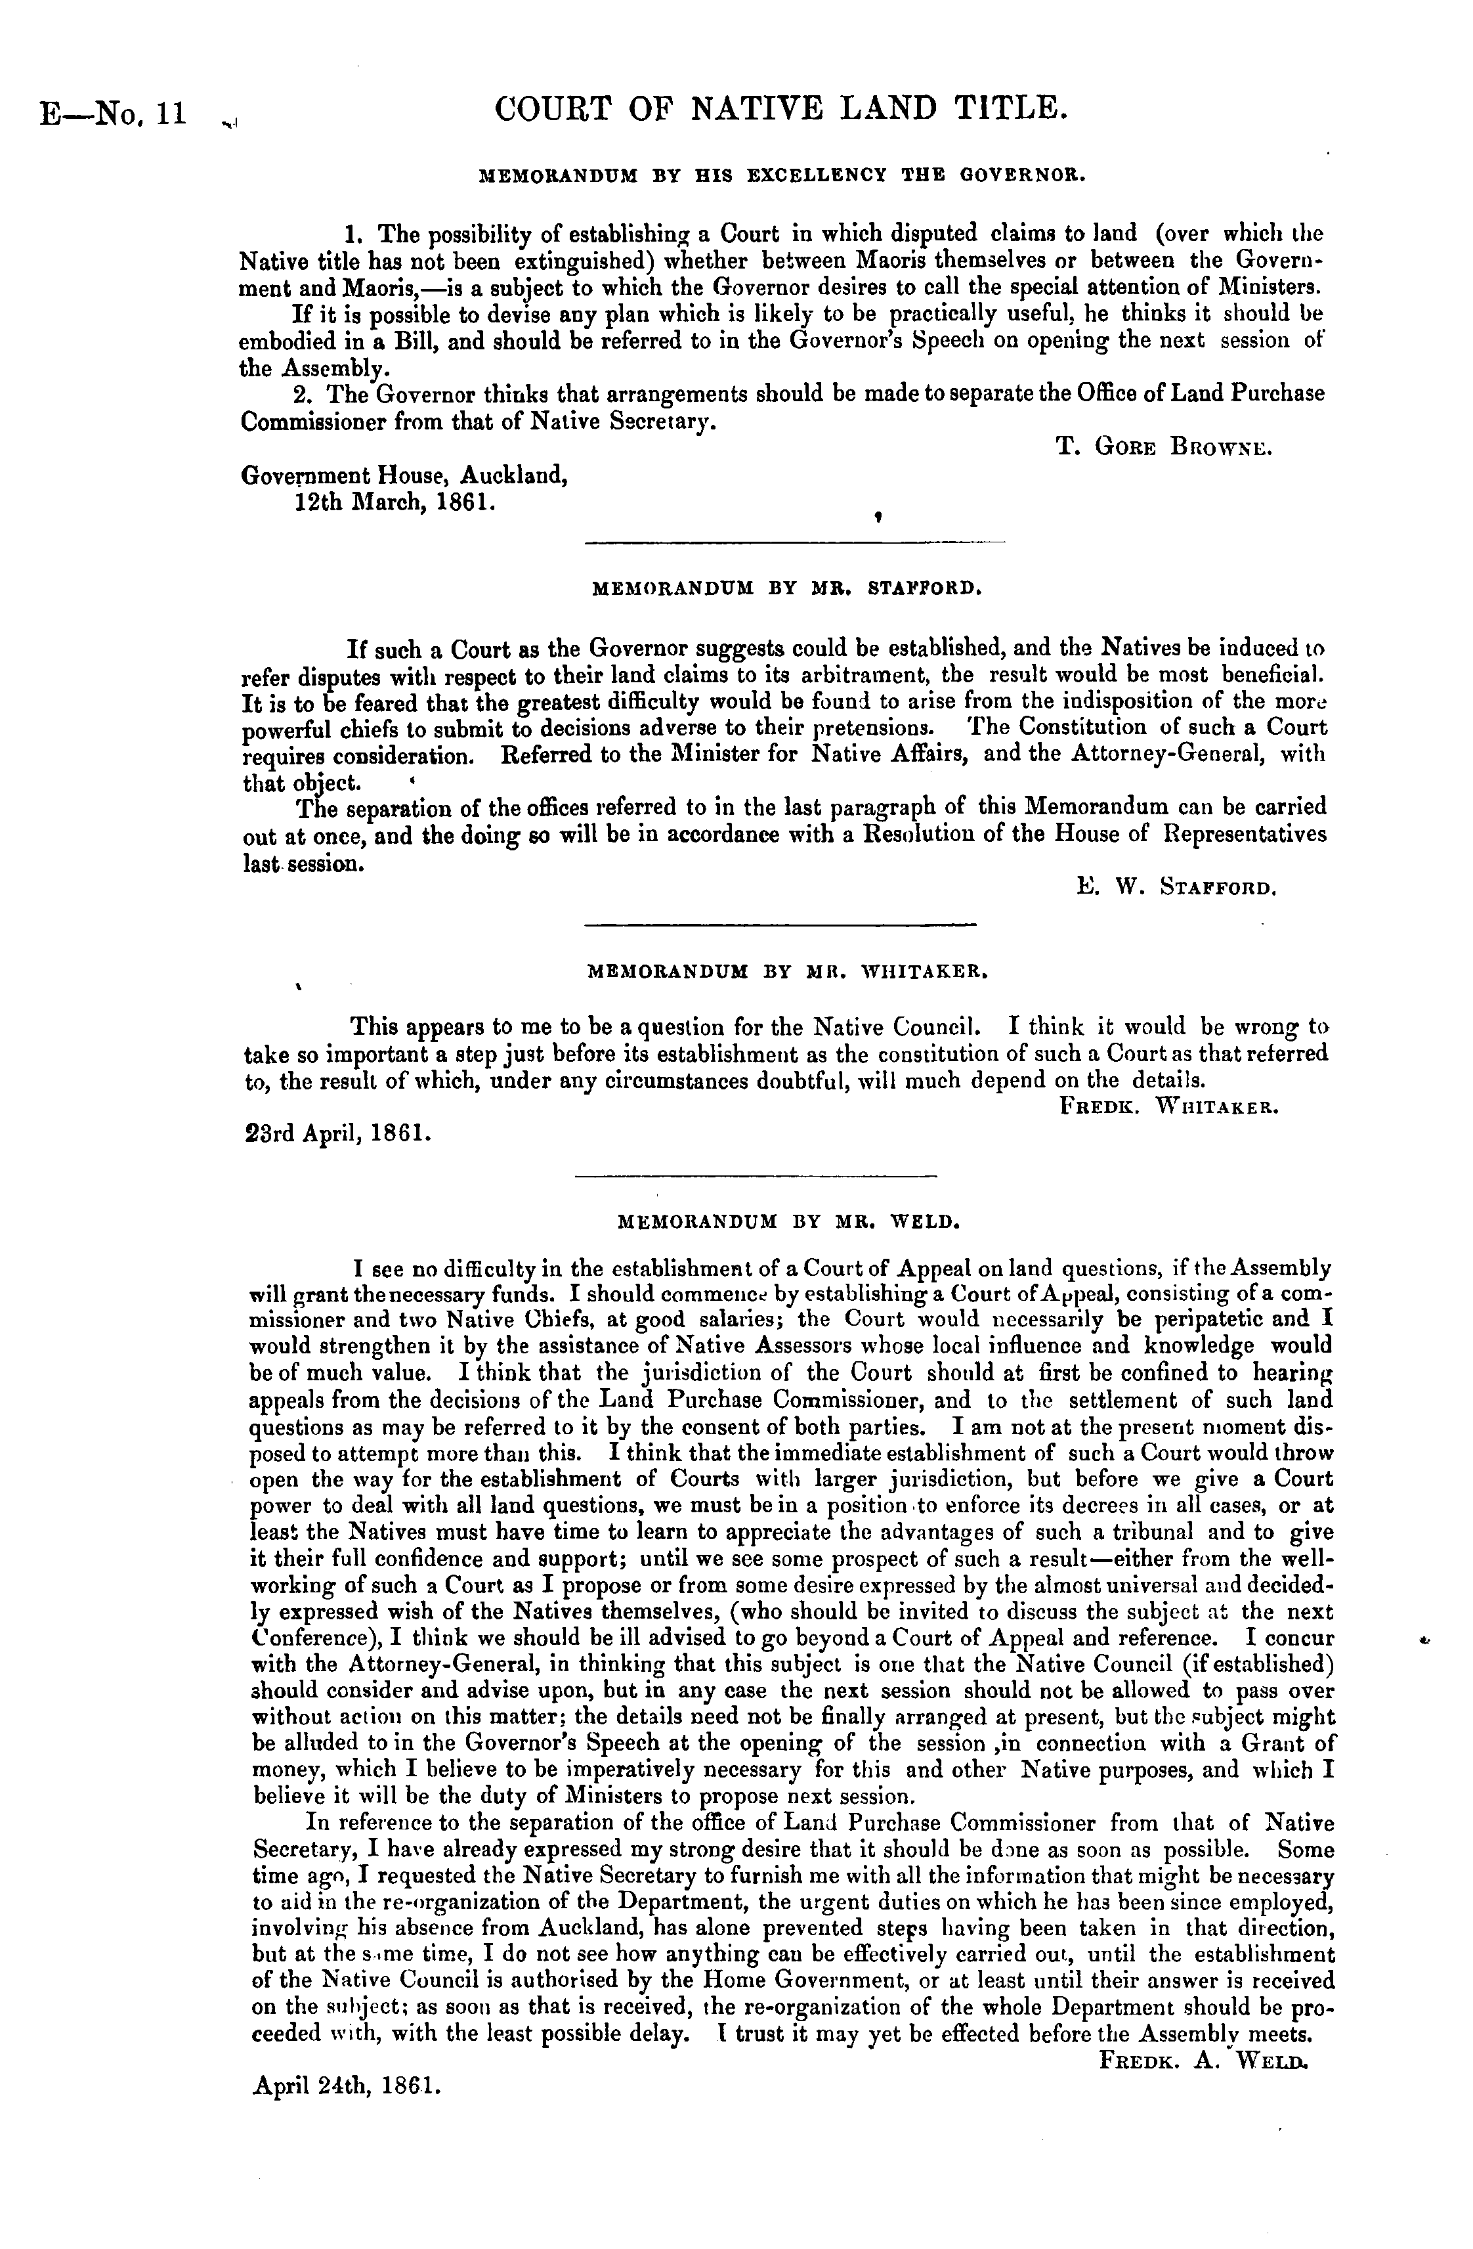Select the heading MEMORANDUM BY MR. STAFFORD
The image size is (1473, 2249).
coord(786,588)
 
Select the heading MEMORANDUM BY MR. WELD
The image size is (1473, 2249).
coord(788,1221)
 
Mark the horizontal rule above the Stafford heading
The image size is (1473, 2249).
coord(795,542)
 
